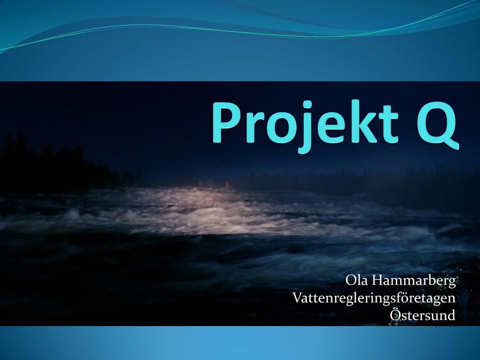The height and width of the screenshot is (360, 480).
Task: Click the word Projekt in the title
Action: point(305,126)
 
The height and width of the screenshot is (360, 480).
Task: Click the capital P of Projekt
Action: point(226,122)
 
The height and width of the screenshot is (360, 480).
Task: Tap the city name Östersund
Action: point(423,314)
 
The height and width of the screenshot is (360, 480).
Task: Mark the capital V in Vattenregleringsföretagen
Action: point(298,298)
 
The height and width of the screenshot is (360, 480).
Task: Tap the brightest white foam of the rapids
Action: point(214,211)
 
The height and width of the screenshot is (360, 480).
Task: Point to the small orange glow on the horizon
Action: point(227,185)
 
